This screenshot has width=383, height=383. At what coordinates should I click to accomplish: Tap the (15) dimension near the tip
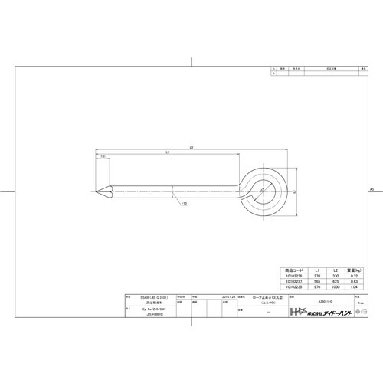pyautogui.click(x=102, y=157)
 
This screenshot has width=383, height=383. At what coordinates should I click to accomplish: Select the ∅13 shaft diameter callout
pyautogui.click(x=183, y=205)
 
